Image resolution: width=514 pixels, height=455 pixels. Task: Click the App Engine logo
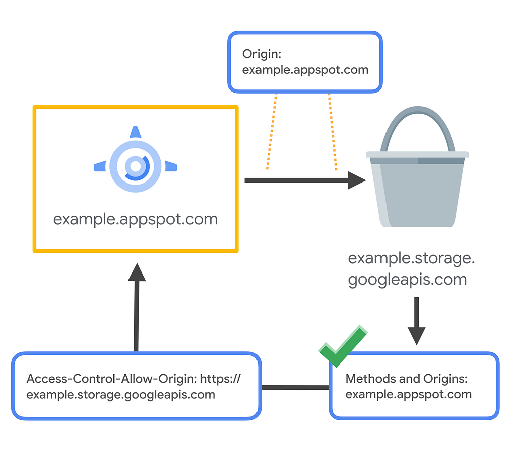click(x=136, y=160)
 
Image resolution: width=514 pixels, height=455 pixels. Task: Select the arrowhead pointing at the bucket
click(x=357, y=180)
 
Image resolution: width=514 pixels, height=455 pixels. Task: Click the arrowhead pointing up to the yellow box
click(x=137, y=272)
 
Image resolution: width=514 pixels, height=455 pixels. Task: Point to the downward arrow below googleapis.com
click(x=416, y=321)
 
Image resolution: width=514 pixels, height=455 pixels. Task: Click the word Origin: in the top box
click(x=262, y=54)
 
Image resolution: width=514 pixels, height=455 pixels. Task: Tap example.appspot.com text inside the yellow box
click(x=136, y=220)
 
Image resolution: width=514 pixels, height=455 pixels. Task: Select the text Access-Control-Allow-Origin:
click(x=112, y=379)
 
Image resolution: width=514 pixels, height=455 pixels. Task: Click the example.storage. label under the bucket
click(x=412, y=259)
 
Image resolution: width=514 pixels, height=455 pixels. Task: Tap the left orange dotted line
click(x=272, y=131)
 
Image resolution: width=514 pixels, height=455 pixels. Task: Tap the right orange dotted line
click(x=333, y=132)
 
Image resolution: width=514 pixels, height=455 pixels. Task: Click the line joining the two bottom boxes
click(x=295, y=387)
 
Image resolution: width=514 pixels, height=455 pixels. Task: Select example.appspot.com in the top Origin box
click(x=305, y=70)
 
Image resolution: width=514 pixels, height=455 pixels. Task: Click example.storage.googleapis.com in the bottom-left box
click(x=120, y=395)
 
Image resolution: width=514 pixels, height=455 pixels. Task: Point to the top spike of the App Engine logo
click(x=136, y=132)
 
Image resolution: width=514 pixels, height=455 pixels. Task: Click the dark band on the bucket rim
click(x=417, y=161)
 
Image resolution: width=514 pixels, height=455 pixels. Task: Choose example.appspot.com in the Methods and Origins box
click(x=409, y=394)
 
